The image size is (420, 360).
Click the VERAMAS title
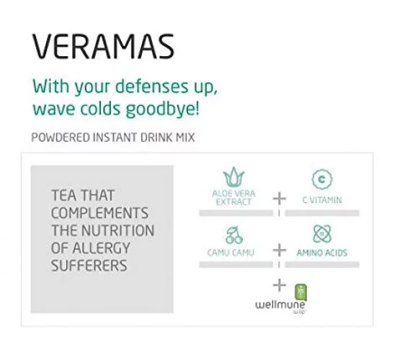(x=104, y=46)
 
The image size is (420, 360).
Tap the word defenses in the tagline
(x=152, y=86)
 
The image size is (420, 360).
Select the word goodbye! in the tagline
(x=163, y=109)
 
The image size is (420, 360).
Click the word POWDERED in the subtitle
(x=61, y=138)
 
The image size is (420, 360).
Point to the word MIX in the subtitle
(x=185, y=138)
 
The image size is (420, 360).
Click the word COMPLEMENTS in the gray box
(x=99, y=213)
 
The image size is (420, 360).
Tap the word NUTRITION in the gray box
(x=118, y=230)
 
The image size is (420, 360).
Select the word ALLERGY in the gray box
(x=102, y=248)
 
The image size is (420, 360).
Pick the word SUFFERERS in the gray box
(x=89, y=266)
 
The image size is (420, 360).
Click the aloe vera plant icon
(x=233, y=177)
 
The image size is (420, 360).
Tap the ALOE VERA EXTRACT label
(x=234, y=197)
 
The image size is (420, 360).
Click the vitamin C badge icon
(x=322, y=179)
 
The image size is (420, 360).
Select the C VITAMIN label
(x=322, y=200)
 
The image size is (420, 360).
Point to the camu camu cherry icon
(x=234, y=235)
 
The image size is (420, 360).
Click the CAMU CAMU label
(x=231, y=253)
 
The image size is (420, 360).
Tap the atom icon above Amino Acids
(x=322, y=234)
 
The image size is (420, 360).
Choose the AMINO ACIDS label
(x=322, y=253)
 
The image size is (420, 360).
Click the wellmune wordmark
(x=280, y=305)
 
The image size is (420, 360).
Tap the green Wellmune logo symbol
(x=300, y=292)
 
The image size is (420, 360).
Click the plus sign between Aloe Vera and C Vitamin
(x=280, y=199)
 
